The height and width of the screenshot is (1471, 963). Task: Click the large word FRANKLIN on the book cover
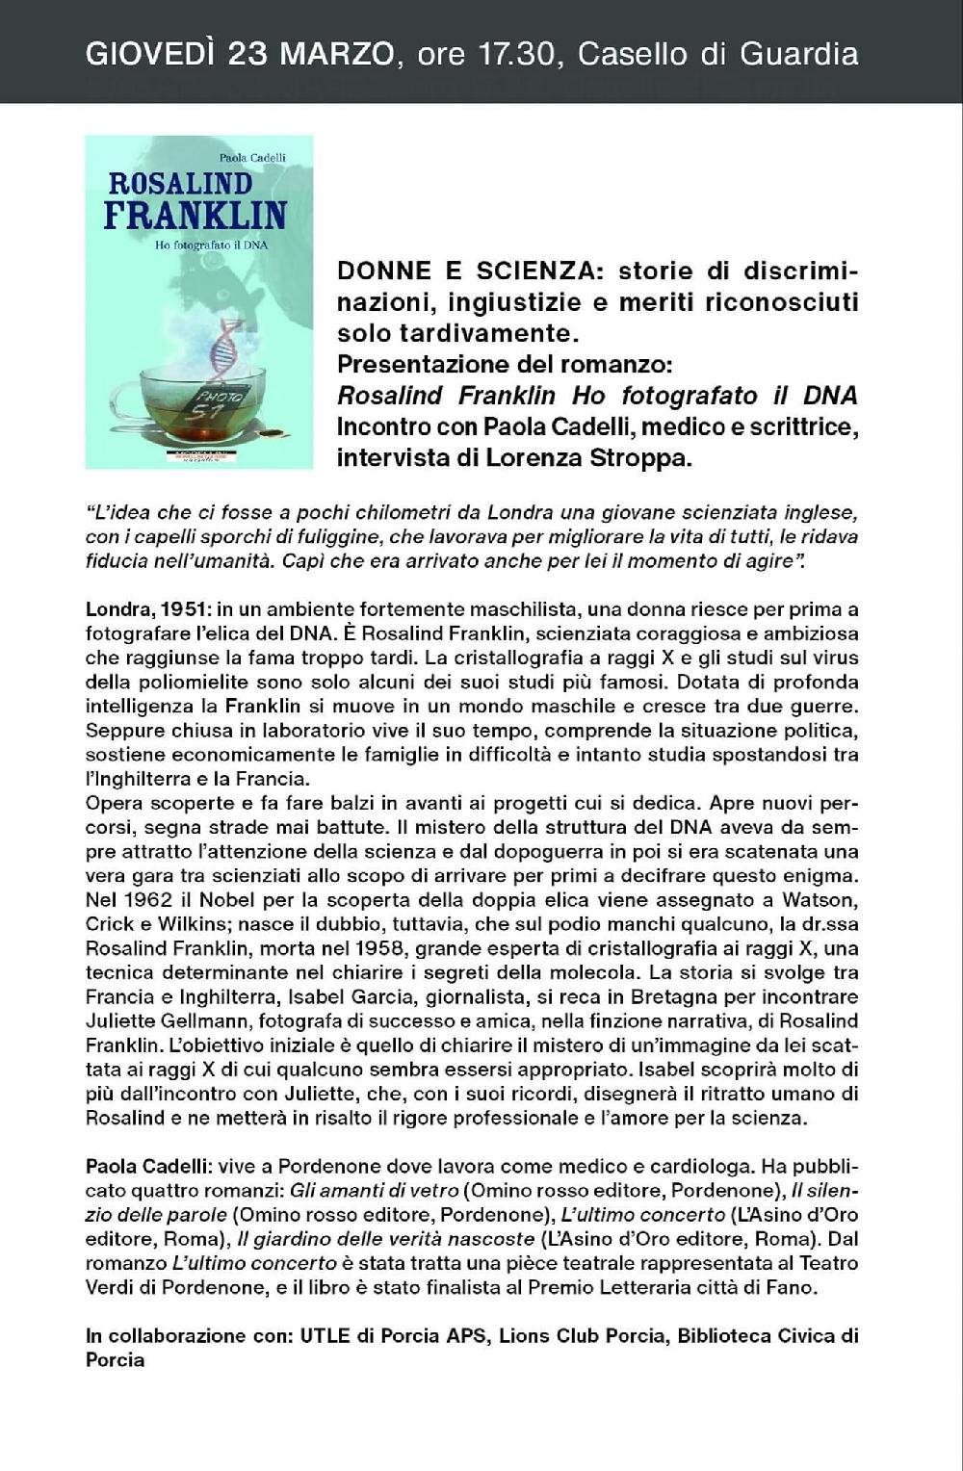pos(195,214)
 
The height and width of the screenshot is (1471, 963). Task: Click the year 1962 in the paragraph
pos(143,900)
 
